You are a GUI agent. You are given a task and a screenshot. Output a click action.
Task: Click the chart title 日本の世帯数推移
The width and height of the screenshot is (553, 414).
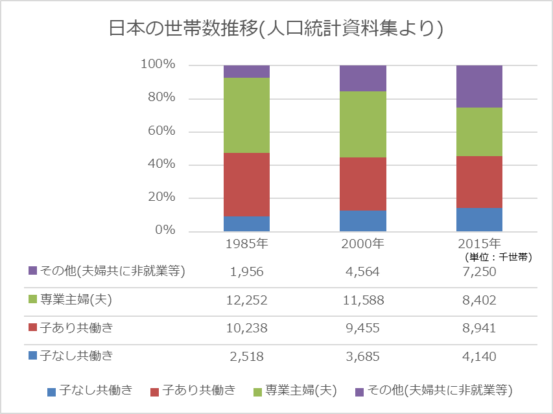tap(276, 29)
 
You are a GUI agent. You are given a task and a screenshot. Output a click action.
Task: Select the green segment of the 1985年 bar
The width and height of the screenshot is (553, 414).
tap(246, 115)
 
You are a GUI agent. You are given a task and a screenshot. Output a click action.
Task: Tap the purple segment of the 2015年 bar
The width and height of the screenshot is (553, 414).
tap(480, 86)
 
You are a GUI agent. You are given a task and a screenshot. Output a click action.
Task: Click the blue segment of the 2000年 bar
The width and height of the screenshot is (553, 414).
tap(363, 221)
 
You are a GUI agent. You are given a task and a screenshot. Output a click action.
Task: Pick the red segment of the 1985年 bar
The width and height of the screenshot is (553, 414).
tap(246, 185)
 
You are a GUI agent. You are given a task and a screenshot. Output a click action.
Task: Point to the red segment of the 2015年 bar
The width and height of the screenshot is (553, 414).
tap(480, 182)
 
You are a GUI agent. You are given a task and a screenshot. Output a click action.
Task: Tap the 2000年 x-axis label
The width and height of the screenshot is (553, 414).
tap(363, 244)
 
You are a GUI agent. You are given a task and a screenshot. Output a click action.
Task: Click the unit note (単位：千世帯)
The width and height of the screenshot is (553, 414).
tap(499, 257)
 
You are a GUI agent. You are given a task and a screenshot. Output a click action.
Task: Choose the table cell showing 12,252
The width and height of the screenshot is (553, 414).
tap(246, 300)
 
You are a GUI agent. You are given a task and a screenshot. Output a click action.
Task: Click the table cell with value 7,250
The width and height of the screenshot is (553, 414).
tap(480, 271)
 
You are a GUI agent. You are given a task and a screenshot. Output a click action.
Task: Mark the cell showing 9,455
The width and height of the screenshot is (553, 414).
tap(363, 328)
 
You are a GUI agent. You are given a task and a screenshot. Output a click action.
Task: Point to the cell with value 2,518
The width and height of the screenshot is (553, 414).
tap(246, 356)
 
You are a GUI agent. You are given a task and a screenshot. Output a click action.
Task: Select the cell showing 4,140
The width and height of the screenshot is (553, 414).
tap(480, 356)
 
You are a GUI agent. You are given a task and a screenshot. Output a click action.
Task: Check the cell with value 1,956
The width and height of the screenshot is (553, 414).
tap(246, 271)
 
